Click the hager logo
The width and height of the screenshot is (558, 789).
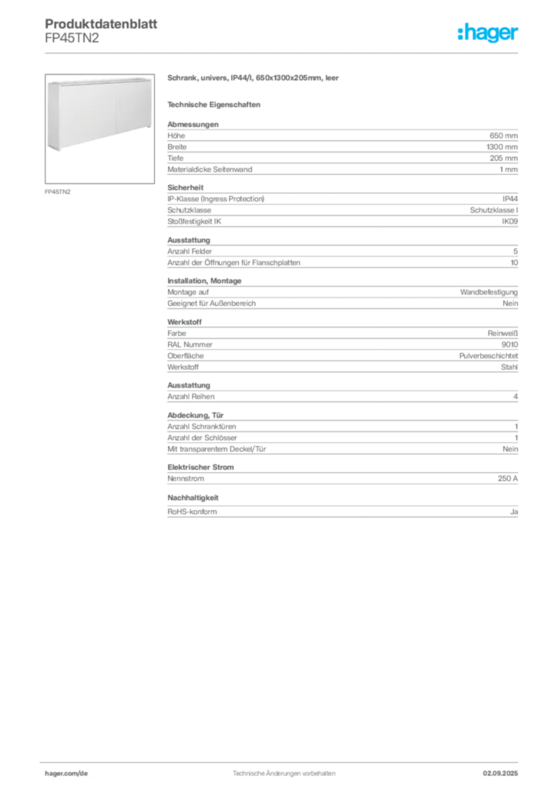point(488,32)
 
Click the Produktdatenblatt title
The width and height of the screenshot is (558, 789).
point(101,24)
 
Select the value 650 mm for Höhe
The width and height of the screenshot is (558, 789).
point(503,136)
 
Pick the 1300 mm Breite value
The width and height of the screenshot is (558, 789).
point(503,147)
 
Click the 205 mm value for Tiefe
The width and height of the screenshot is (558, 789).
point(503,158)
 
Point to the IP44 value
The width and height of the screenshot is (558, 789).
point(510,199)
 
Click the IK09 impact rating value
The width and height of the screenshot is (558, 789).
point(509,221)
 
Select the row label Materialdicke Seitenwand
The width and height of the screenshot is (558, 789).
point(210,170)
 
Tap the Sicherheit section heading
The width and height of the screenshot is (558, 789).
point(186,188)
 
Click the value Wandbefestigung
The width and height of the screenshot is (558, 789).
point(489,292)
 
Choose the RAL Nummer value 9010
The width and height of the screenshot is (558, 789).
point(509,344)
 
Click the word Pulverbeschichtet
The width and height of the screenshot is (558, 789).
point(489,356)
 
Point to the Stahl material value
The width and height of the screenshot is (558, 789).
point(509,368)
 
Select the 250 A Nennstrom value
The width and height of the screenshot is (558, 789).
point(508,478)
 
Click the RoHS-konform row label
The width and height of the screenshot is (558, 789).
point(192,512)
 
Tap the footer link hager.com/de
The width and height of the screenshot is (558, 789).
point(66,774)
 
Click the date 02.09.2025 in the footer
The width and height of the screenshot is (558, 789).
point(500,774)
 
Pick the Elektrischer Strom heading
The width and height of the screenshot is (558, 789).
point(200,468)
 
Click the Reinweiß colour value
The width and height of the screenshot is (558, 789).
point(503,334)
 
